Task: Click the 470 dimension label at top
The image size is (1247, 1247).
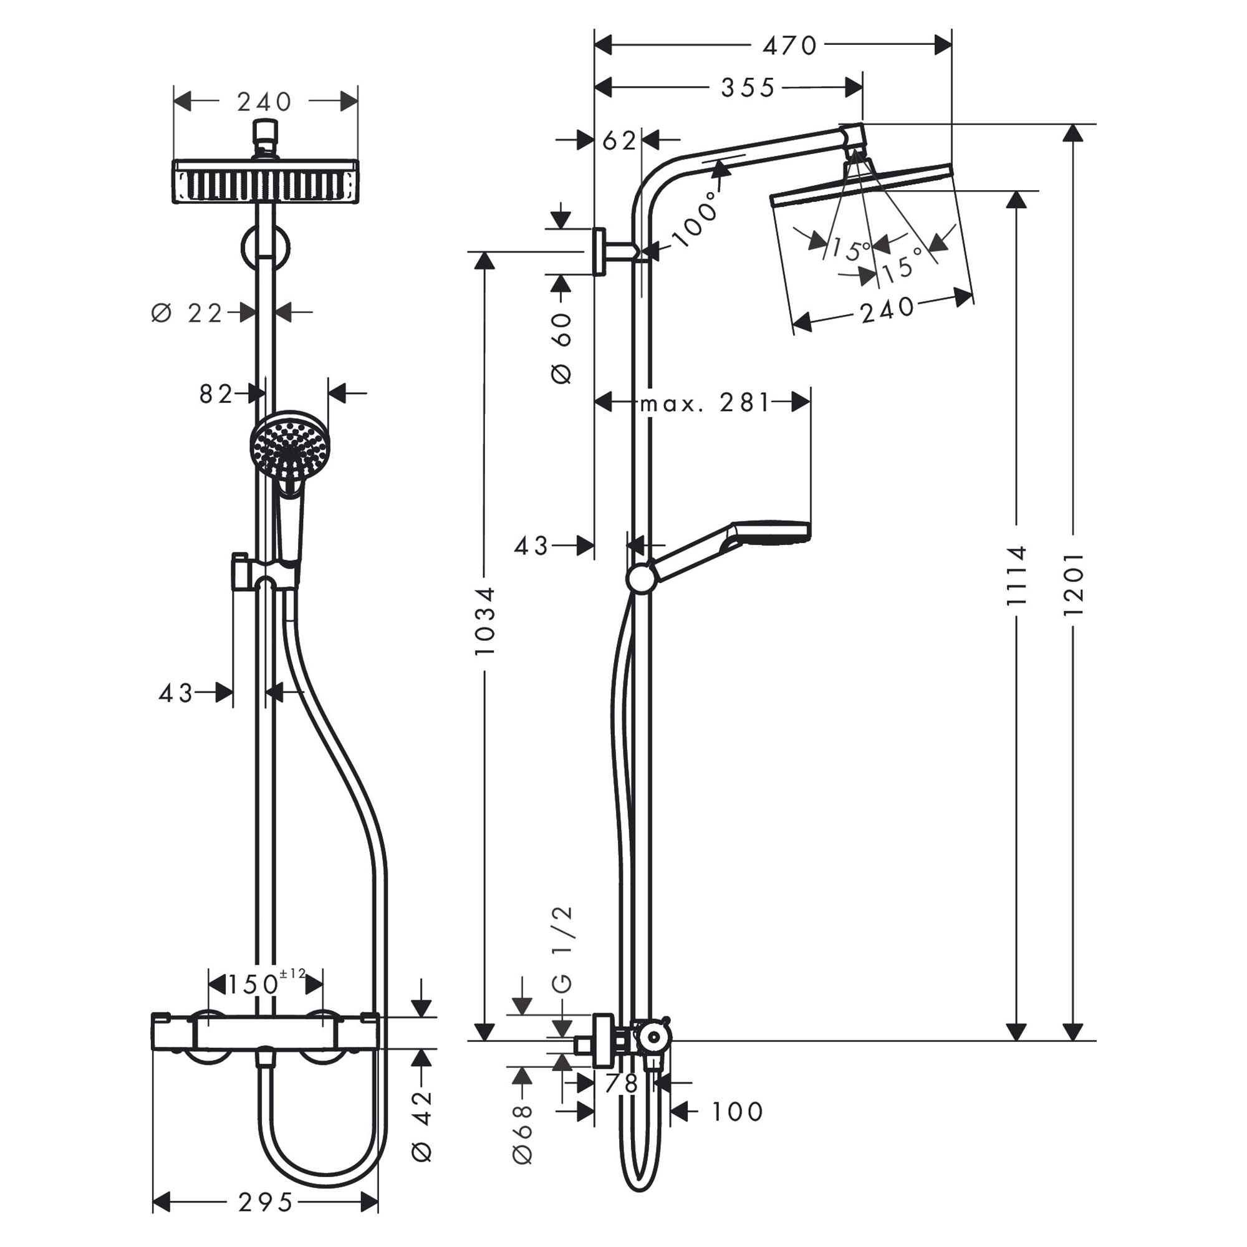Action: coord(789,46)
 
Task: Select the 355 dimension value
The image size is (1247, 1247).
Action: coord(748,88)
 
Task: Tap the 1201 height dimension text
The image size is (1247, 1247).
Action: coord(1072,584)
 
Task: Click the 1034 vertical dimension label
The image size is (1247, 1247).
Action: coord(484,621)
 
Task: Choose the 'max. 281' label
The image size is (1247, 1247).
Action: coord(704,403)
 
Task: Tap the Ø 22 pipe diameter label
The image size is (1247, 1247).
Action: coord(187,314)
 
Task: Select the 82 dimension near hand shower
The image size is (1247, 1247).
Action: coord(216,393)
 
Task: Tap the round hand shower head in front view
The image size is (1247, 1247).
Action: coord(290,445)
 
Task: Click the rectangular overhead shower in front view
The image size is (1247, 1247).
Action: coord(265,181)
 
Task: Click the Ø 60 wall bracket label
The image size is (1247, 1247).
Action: coord(562,349)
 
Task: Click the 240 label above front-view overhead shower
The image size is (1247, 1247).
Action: coord(264,102)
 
